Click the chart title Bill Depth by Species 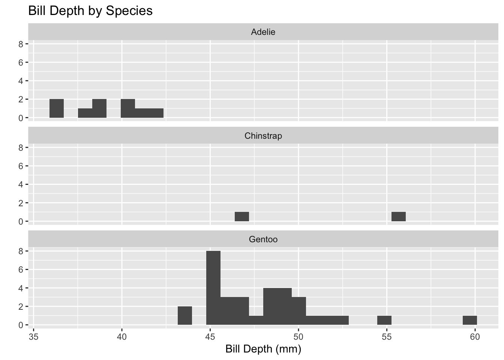pyautogui.click(x=90, y=10)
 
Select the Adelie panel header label pyautogui.click(x=263, y=32)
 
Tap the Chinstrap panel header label pyautogui.click(x=263, y=136)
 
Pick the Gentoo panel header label pyautogui.click(x=263, y=239)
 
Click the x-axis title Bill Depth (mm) pyautogui.click(x=263, y=349)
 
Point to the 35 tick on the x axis pyautogui.click(x=34, y=337)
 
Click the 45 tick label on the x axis pyautogui.click(x=210, y=337)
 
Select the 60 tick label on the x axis pyautogui.click(x=475, y=337)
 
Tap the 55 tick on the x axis pyautogui.click(x=387, y=337)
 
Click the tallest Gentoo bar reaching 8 pyautogui.click(x=213, y=288)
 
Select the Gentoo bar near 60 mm pyautogui.click(x=469, y=320)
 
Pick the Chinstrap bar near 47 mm pyautogui.click(x=242, y=217)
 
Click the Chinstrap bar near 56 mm pyautogui.click(x=398, y=217)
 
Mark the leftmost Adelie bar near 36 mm pyautogui.click(x=57, y=108)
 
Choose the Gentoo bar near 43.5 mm pyautogui.click(x=185, y=316)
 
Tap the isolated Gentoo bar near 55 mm pyautogui.click(x=384, y=320)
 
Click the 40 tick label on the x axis pyautogui.click(x=122, y=337)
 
